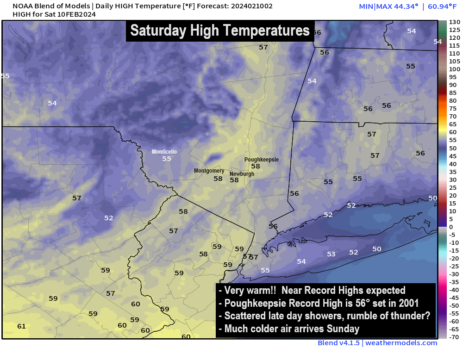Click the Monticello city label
[164, 152]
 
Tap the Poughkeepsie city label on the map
[262, 160]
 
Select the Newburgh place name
[242, 174]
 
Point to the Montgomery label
[209, 171]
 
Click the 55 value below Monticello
[166, 159]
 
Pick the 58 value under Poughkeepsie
[256, 166]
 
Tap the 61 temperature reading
[21, 326]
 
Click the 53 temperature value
[331, 254]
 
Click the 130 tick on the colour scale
[454, 22]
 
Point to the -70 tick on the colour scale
[454, 337]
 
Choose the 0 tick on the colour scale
[451, 227]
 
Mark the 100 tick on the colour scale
[454, 69]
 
